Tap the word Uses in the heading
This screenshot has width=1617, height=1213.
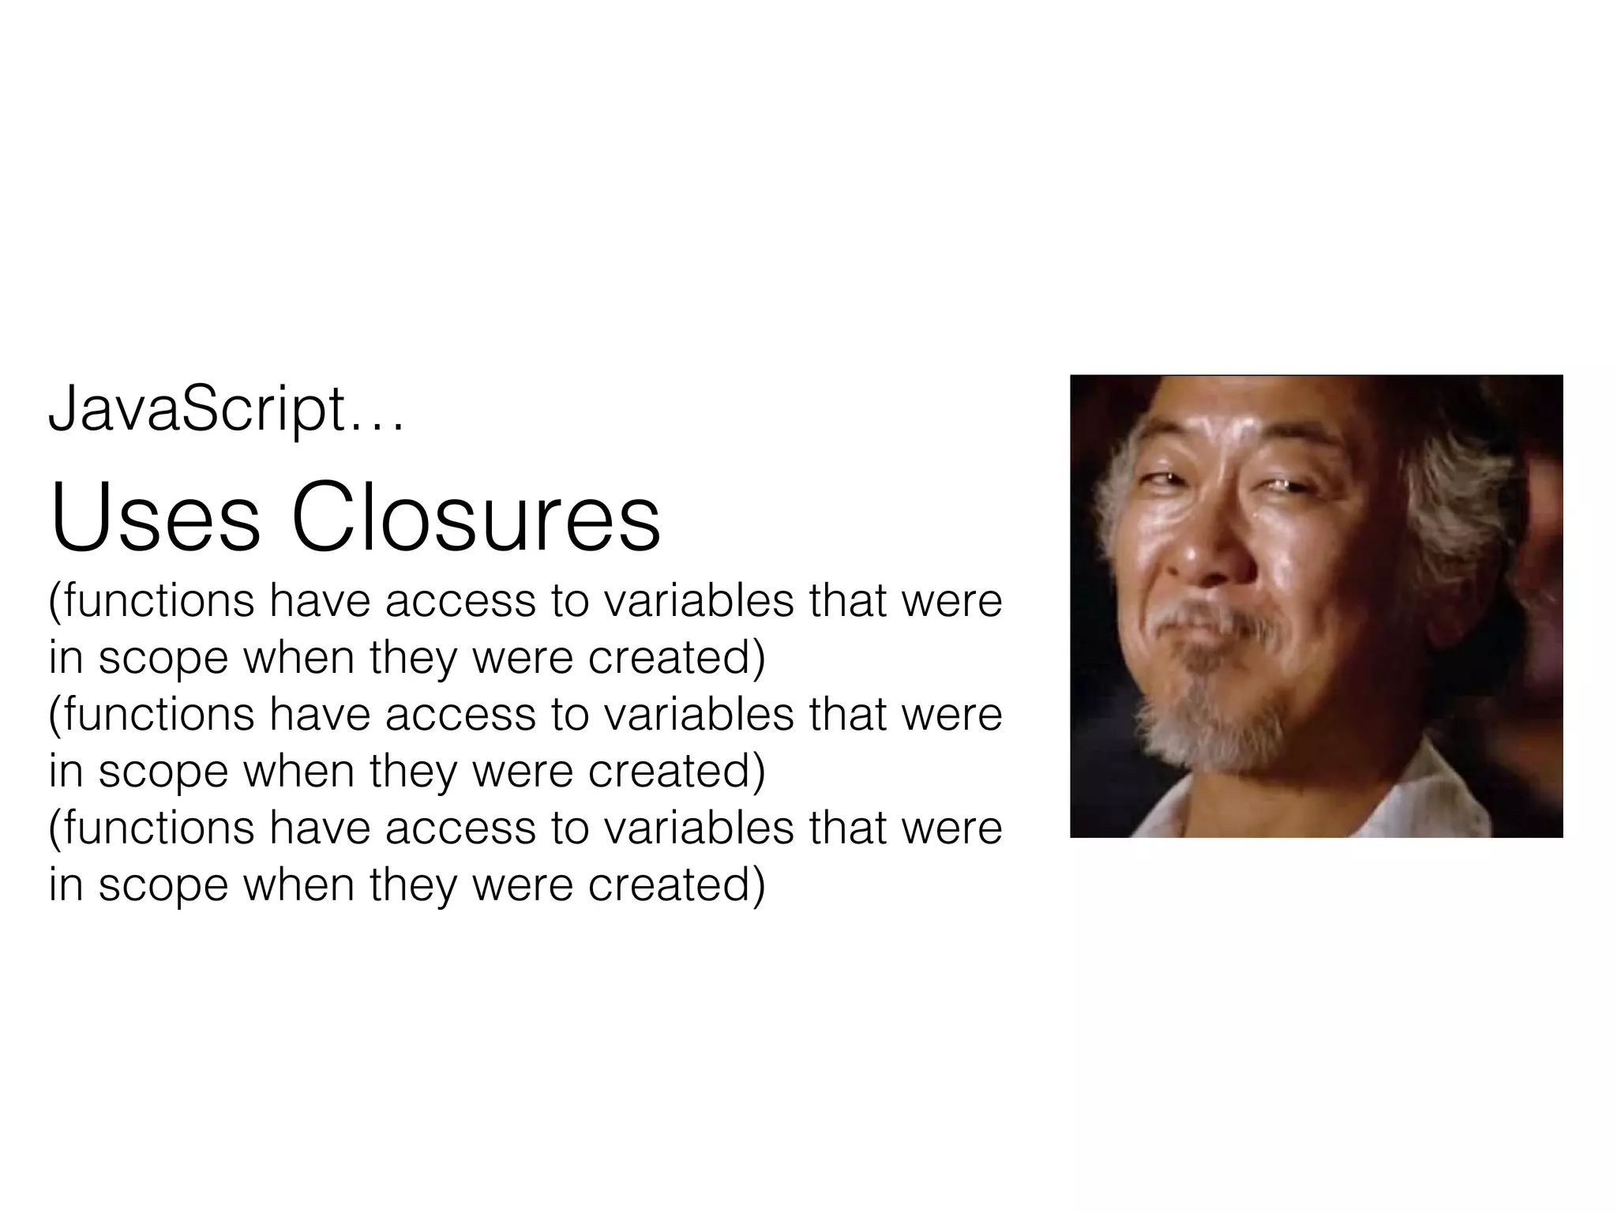155,520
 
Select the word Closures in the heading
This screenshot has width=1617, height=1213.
476,520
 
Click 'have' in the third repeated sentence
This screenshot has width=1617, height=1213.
320,828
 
